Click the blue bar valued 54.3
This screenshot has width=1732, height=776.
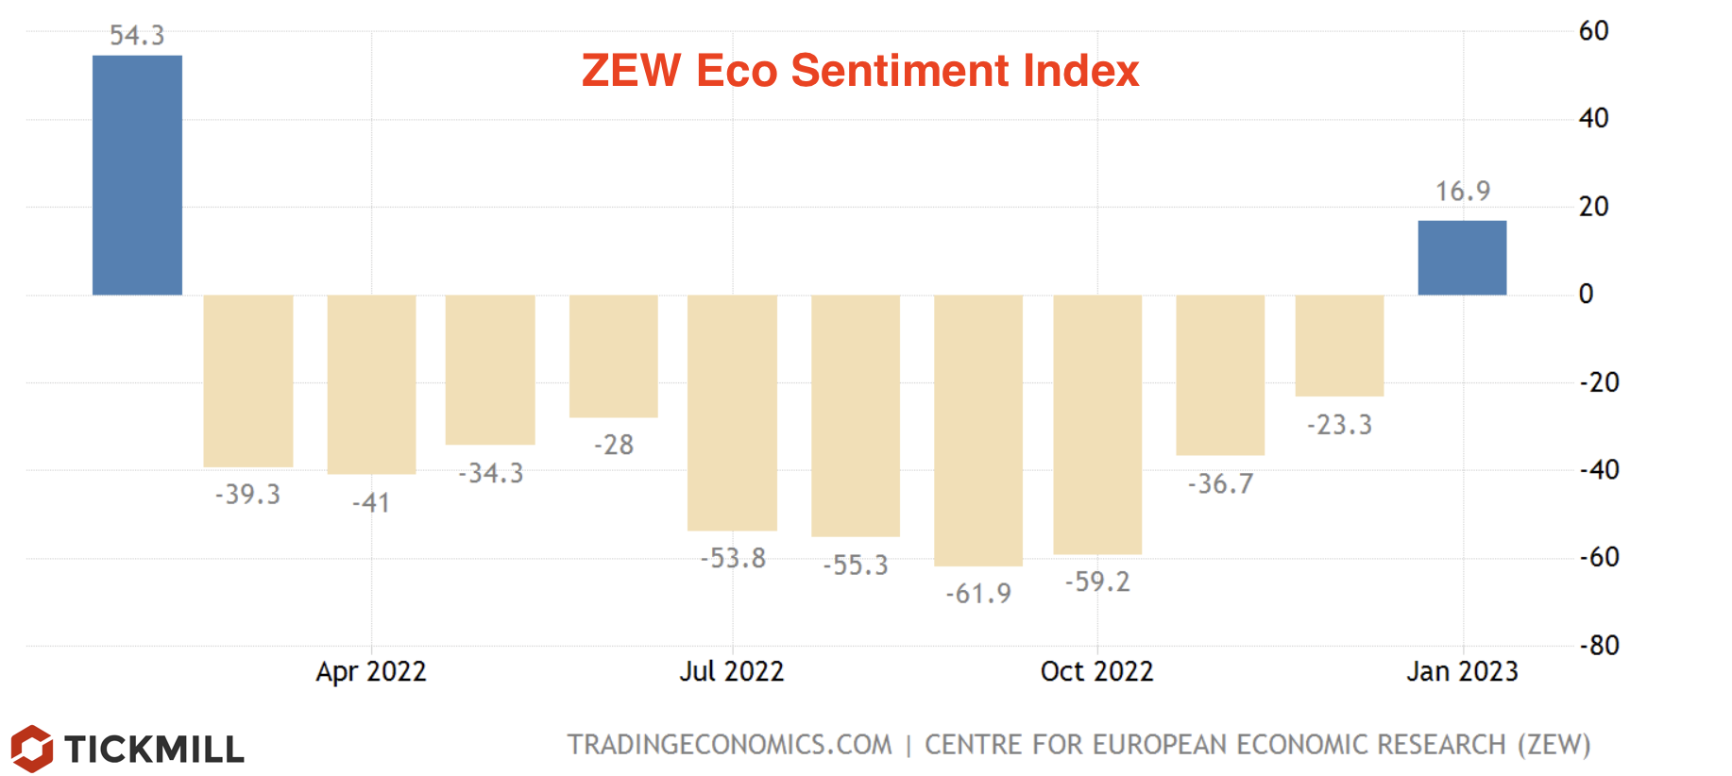point(137,175)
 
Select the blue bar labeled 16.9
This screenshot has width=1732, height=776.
point(1462,258)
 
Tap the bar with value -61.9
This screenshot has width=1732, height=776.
point(978,430)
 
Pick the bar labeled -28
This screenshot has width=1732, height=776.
point(613,356)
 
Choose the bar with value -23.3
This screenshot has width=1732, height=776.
point(1339,346)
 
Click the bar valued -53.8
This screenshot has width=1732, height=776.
point(732,413)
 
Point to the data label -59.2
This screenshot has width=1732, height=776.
point(1097,582)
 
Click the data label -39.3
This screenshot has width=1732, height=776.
point(247,495)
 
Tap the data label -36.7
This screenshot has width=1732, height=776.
point(1220,484)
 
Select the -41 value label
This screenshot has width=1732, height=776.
point(371,503)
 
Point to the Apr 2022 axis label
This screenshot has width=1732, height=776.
point(371,671)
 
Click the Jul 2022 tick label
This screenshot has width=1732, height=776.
point(732,671)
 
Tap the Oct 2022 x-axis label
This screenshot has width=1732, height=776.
point(1097,671)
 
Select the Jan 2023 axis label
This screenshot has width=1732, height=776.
point(1462,671)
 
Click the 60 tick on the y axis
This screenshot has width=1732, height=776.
point(1593,31)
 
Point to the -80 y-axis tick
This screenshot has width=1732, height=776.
point(1599,646)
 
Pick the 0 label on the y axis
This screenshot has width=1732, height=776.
point(1587,295)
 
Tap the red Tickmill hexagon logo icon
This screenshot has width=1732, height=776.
point(32,749)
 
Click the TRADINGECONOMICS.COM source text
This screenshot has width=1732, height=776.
point(729,745)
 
